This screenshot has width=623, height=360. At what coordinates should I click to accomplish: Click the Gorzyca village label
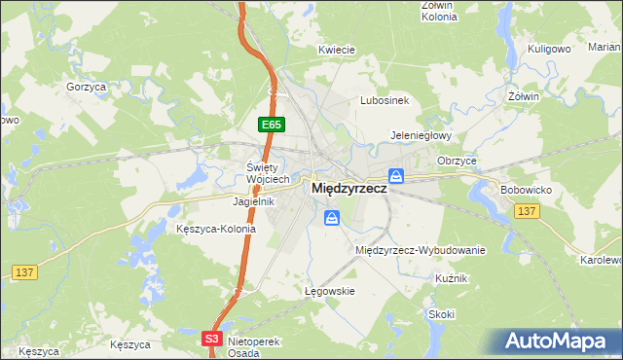(x=86, y=87)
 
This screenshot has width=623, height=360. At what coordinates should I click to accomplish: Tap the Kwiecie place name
(x=336, y=49)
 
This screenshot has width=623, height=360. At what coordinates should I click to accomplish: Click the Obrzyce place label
(x=457, y=160)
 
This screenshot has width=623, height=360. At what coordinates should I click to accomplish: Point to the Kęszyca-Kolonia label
(x=216, y=229)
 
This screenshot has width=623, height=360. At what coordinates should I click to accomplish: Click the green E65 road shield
(x=271, y=125)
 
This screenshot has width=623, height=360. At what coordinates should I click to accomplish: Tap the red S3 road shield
(x=213, y=338)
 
